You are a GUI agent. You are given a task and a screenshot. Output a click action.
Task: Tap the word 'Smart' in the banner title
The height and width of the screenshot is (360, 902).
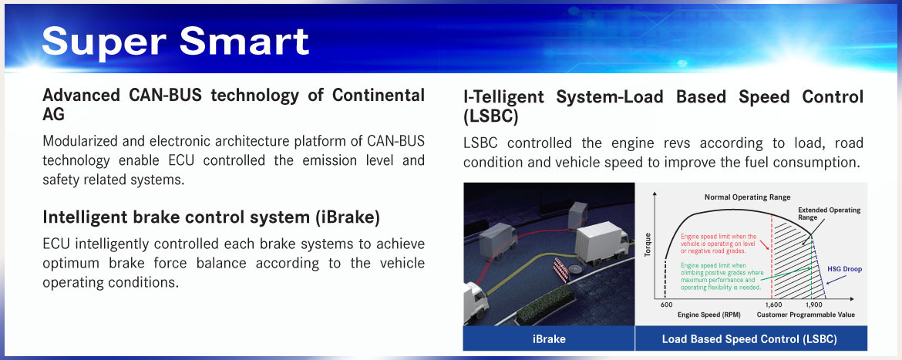[x=244, y=41]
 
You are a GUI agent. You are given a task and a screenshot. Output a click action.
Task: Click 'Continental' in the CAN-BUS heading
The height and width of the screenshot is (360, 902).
[x=377, y=96]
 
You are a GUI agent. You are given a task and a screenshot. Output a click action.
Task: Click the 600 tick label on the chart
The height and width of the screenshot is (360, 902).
[x=666, y=304]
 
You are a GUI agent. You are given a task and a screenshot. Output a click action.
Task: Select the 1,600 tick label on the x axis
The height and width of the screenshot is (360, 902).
[x=773, y=304]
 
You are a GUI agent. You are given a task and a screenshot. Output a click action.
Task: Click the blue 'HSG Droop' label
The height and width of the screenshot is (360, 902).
[x=844, y=268]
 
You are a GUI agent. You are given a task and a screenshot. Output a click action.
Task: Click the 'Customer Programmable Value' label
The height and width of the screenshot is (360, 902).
[x=806, y=315]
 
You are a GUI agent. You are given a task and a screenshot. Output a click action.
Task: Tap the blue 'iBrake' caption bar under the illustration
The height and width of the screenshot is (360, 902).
[x=548, y=338]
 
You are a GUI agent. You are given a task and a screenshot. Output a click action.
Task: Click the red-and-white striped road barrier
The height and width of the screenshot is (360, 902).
[x=561, y=269]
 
